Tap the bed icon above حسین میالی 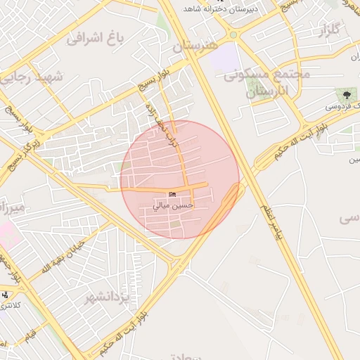173,194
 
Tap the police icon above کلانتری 6,295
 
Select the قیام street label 29,333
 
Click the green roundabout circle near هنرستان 233,35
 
